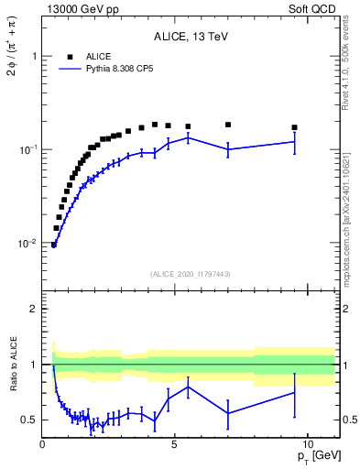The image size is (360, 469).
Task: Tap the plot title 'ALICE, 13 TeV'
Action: (x=191, y=37)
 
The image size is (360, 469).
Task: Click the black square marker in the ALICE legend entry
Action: (x=70, y=56)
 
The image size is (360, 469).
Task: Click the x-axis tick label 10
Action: (x=308, y=442)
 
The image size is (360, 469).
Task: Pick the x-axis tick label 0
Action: (x=42, y=442)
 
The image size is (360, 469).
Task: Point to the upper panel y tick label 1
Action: (x=34, y=56)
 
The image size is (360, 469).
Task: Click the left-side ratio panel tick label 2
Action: (x=34, y=309)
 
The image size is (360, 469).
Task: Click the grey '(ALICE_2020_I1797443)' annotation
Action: (x=190, y=274)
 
